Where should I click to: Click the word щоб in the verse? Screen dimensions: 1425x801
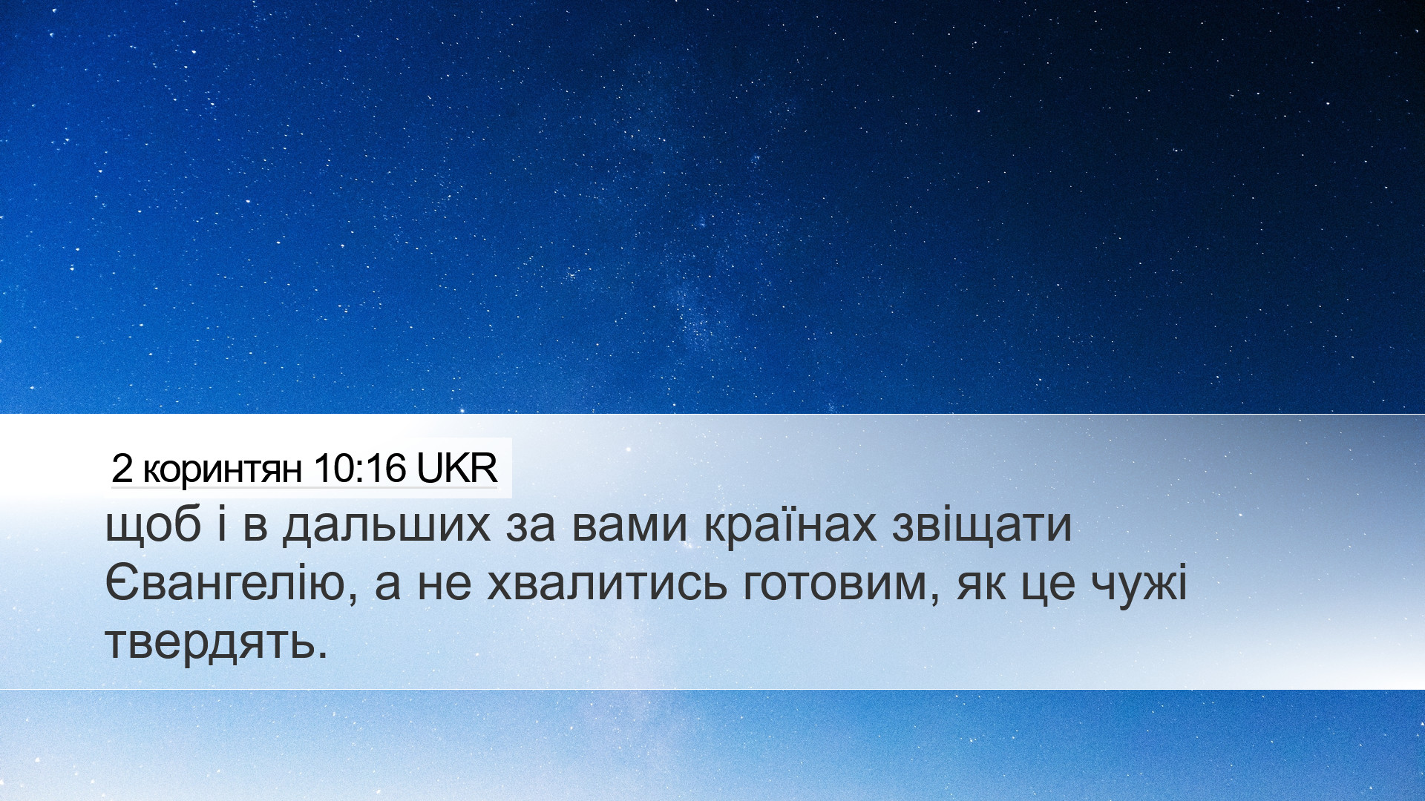[154, 526]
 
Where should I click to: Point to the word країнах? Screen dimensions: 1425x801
[790, 525]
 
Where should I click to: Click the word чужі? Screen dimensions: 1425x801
[1139, 584]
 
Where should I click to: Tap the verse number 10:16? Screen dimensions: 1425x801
[360, 468]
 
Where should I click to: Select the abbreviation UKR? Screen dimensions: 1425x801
[456, 468]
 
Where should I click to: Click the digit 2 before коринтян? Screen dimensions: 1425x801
[122, 468]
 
